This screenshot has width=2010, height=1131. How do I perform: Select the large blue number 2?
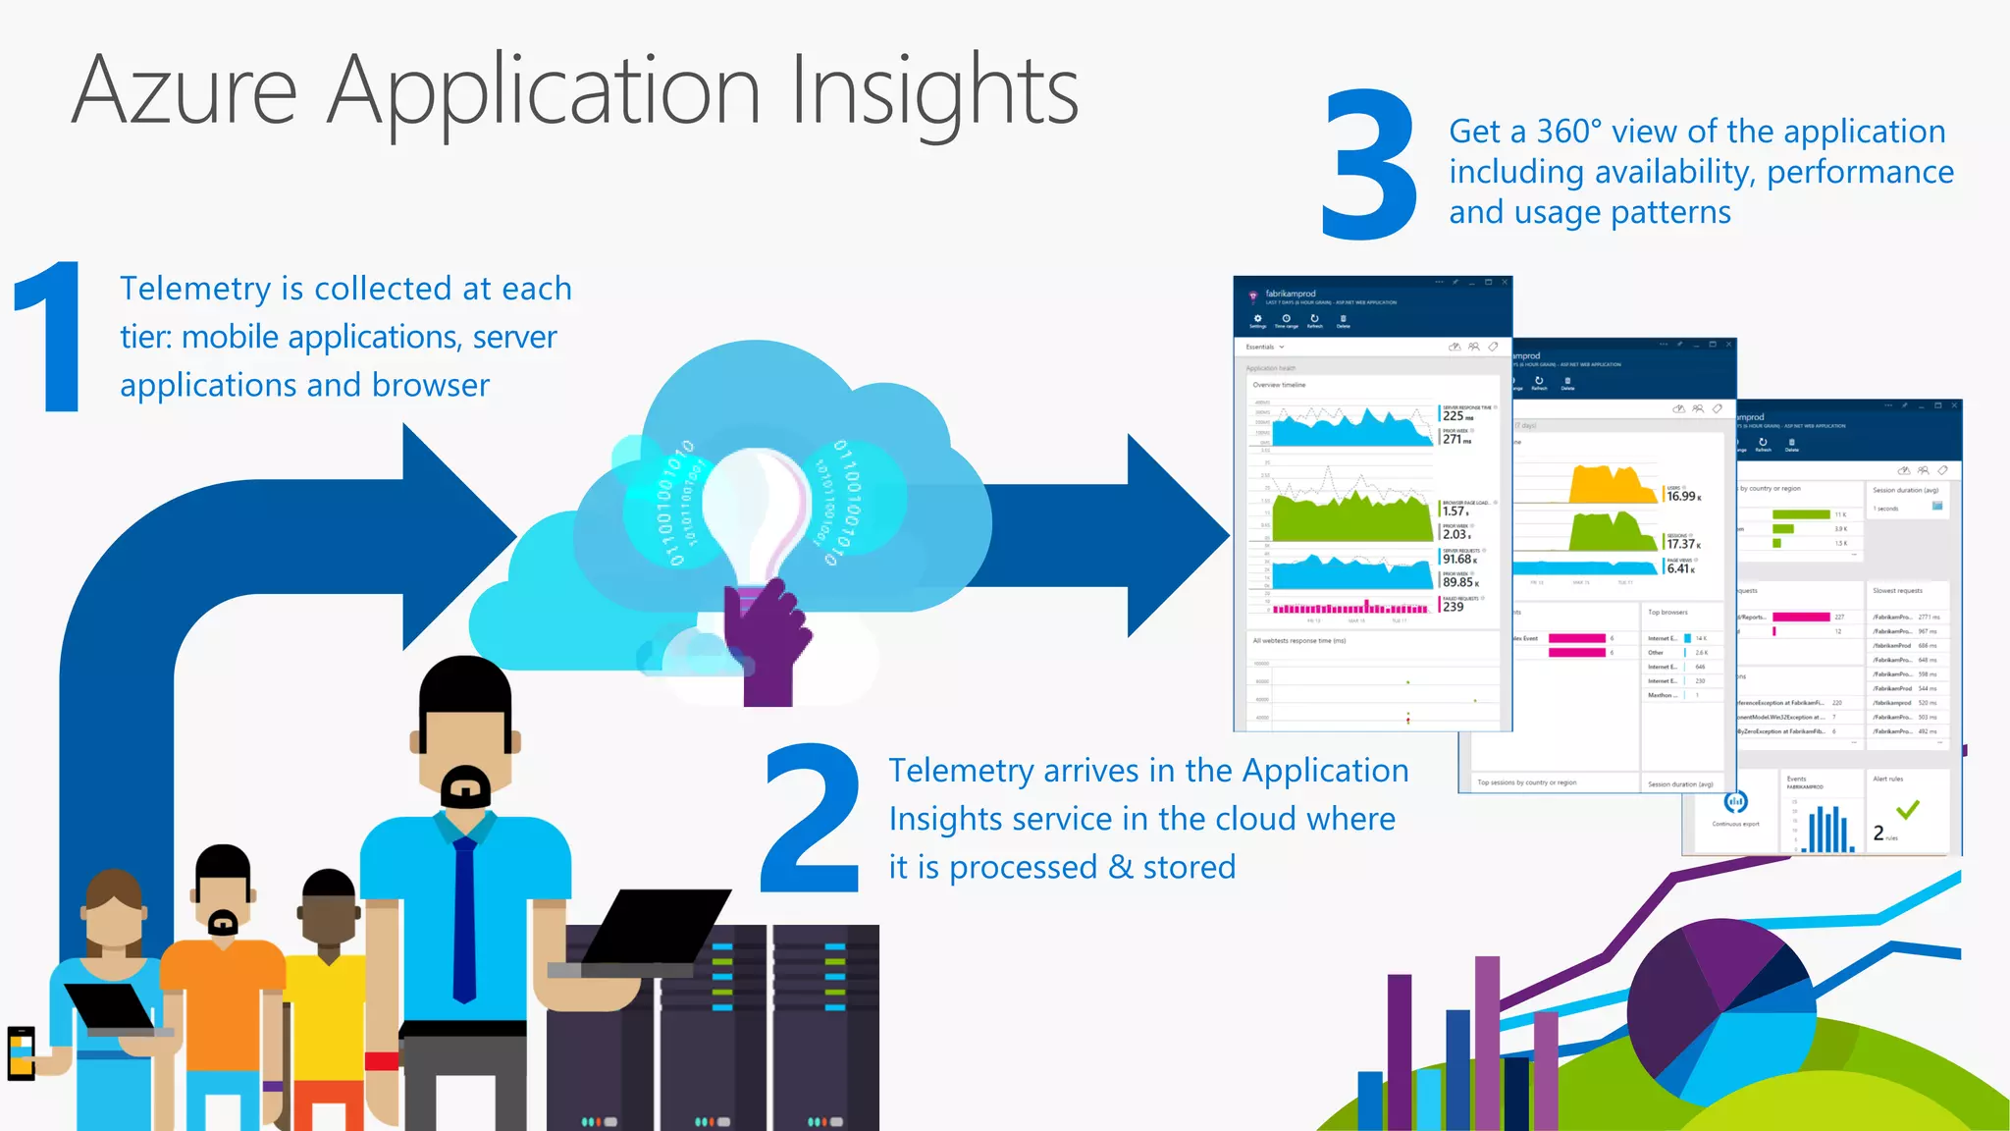812,818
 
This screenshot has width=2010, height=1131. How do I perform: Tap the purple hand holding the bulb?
765,638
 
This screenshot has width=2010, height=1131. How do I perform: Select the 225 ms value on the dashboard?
1455,416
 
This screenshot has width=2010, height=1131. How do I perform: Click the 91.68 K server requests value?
1458,560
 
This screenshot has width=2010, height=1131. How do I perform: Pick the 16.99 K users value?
1681,497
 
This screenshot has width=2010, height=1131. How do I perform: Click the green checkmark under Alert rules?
1908,810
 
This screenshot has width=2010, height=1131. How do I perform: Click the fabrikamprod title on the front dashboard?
1290,294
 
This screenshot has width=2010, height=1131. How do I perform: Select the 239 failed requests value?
1453,607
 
